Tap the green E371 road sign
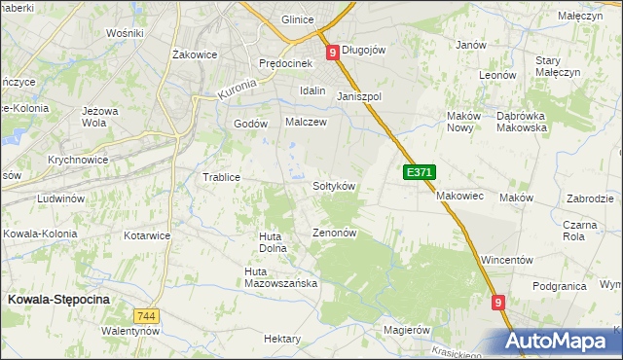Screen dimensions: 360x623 [419, 172]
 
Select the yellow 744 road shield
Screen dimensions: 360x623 [146, 317]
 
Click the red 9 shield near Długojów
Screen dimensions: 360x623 [333, 53]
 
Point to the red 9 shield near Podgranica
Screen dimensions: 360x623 [498, 304]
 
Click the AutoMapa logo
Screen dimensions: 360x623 [561, 340]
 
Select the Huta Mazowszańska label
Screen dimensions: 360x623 [281, 277]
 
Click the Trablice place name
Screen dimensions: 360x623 [220, 177]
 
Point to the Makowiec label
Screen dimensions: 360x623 [459, 196]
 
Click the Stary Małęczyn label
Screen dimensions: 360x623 [558, 66]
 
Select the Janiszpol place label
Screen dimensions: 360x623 [359, 97]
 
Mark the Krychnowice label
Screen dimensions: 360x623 [77, 159]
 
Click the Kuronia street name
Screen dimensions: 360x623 [237, 90]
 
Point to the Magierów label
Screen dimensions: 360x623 [406, 330]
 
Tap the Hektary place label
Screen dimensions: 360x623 [282, 339]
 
